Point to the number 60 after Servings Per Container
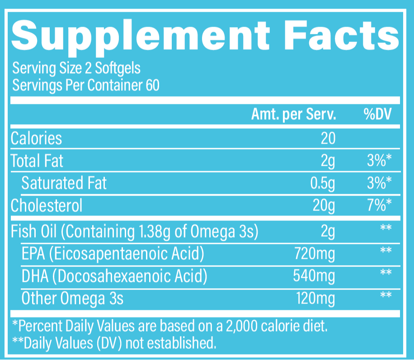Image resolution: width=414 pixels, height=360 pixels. point(153,84)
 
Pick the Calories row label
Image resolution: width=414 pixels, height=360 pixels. point(36,138)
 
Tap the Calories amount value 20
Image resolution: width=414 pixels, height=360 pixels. point(328,138)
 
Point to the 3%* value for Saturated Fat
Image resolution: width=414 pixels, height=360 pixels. point(379,183)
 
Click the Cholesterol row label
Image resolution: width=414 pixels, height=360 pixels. point(47,206)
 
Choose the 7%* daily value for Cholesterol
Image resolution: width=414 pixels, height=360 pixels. point(379,206)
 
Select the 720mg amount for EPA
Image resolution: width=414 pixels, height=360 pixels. point(315,254)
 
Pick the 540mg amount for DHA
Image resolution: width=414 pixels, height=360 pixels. point(315,276)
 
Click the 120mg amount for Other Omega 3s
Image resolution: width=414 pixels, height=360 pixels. point(315,298)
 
